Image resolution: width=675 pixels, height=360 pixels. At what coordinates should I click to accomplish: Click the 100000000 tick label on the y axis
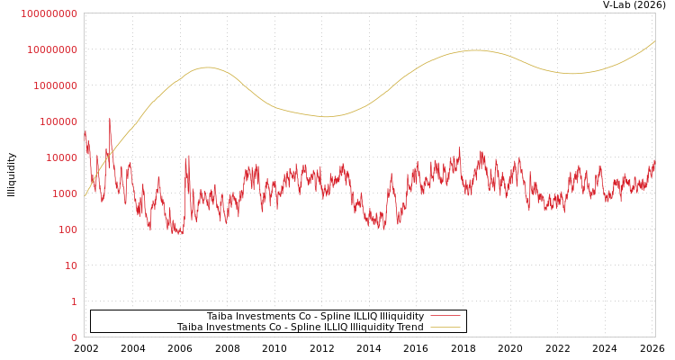click(x=49, y=13)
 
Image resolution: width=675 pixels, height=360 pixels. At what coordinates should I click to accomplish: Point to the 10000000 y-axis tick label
click(x=51, y=49)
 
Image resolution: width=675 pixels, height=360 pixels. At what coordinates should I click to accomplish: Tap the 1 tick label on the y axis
click(x=74, y=301)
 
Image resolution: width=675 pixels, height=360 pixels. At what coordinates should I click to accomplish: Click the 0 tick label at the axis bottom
click(x=74, y=337)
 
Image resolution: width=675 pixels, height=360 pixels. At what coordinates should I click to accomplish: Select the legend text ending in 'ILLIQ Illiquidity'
click(x=315, y=316)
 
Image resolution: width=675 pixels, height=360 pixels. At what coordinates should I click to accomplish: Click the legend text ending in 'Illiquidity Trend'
click(x=300, y=327)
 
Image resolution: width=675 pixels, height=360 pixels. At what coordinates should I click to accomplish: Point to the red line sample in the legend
click(x=445, y=316)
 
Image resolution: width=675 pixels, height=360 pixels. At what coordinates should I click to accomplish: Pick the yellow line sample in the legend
click(x=445, y=327)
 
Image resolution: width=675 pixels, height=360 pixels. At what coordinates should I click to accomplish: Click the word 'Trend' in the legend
click(x=409, y=327)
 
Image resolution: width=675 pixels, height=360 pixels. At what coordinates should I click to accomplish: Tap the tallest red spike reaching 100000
click(x=110, y=120)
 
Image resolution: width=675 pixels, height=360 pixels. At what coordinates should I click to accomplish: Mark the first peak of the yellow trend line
click(x=207, y=67)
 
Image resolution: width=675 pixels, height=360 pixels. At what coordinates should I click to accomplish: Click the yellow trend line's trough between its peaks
click(x=326, y=117)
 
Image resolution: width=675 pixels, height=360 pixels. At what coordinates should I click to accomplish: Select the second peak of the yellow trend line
click(x=474, y=50)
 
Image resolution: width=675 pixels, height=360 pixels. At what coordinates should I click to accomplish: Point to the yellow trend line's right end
click(x=654, y=40)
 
